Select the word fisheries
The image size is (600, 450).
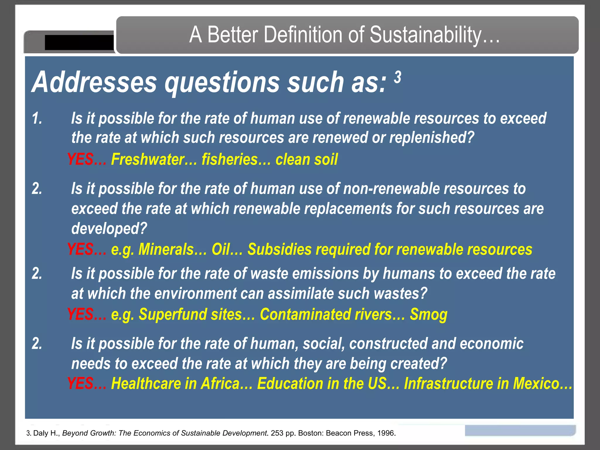tap(229, 160)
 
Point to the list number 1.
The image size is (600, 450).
tap(37, 119)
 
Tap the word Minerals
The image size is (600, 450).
tap(166, 250)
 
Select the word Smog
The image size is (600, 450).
tap(428, 315)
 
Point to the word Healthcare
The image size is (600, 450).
tap(146, 383)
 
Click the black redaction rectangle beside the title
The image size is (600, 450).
tap(79, 42)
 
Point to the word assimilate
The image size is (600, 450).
tap(300, 294)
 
